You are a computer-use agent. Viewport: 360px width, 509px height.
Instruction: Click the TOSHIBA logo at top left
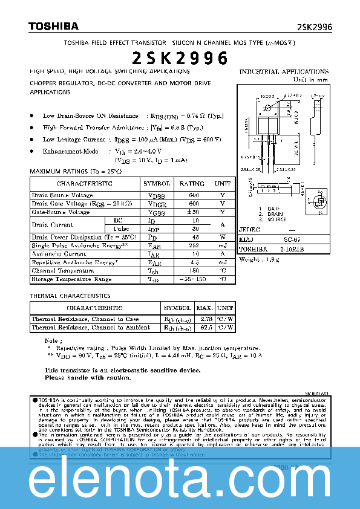point(53,27)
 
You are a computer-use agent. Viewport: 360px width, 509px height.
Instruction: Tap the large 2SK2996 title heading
point(180,58)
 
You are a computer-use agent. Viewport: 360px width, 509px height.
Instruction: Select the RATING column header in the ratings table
point(192,183)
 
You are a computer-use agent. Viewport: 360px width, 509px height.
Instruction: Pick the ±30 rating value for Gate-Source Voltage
point(193,212)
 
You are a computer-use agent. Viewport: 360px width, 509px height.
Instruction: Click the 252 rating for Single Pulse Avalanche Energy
point(194,246)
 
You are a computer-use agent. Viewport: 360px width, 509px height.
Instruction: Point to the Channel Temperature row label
point(62,271)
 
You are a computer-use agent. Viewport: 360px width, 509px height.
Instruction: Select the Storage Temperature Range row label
point(71,279)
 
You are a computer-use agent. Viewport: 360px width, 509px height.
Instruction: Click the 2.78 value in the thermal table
point(205,319)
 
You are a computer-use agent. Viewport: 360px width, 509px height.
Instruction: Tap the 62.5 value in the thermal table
point(205,327)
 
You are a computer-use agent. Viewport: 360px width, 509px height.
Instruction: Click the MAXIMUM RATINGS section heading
point(76,172)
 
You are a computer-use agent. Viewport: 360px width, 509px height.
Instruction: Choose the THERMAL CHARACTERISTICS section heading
point(70,296)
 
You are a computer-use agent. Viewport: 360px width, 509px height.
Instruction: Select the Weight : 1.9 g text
point(260,259)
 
